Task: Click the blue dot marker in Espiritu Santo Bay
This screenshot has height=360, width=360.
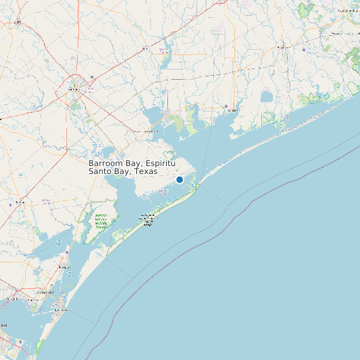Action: point(179,179)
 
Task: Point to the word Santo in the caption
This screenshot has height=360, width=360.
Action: point(102,171)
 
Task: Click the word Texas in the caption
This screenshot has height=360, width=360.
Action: point(145,171)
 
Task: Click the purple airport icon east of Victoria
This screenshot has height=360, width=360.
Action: point(92,77)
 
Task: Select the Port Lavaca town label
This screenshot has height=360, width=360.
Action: point(150,131)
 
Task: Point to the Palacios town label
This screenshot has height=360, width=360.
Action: point(232,111)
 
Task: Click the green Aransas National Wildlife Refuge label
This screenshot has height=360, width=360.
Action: point(101,221)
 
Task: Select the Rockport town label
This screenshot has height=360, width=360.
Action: point(64,267)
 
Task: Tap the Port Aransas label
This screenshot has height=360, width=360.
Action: point(62,310)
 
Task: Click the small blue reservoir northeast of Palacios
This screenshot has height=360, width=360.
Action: point(267,97)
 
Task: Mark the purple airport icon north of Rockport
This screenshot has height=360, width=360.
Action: point(66,252)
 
